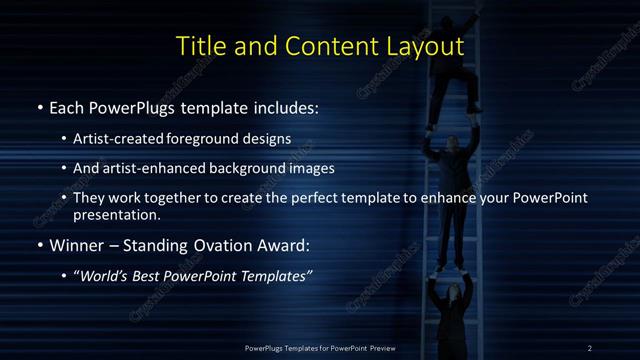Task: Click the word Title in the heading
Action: tap(200, 46)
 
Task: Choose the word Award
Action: tap(272, 244)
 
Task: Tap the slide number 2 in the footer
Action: tap(590, 347)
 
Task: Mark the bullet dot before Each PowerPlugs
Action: tap(39, 106)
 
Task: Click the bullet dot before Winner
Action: tap(39, 245)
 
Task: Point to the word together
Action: tap(168, 198)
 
